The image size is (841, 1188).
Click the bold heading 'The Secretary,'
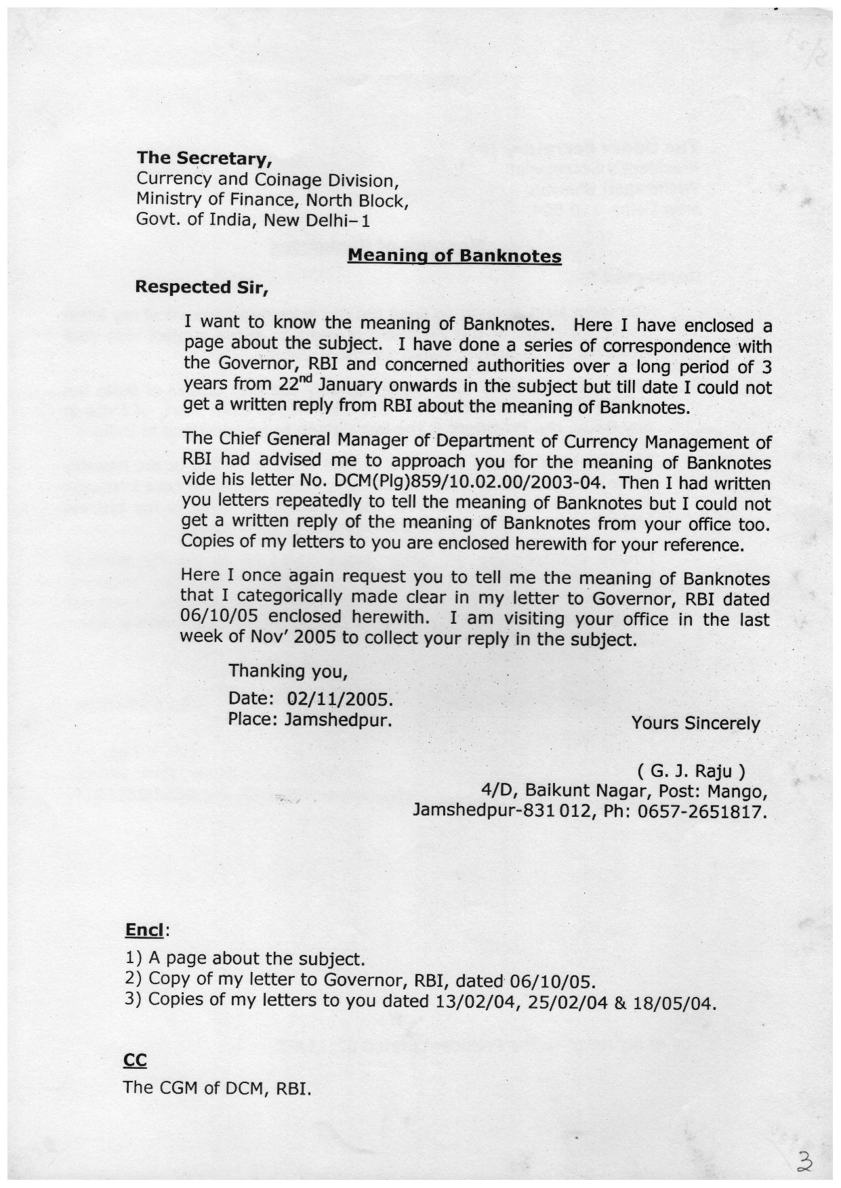pos(204,158)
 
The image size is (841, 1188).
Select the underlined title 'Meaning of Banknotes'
pos(454,256)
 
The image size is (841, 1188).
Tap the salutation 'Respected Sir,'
pos(202,287)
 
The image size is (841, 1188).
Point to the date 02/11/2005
pos(340,698)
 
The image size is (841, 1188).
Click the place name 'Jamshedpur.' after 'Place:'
pos(339,719)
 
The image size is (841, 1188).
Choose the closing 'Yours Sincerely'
pos(695,723)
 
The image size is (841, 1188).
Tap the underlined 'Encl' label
pos(144,931)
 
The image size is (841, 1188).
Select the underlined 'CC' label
pos(135,1060)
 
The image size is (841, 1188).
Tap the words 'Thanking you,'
pos(288,671)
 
